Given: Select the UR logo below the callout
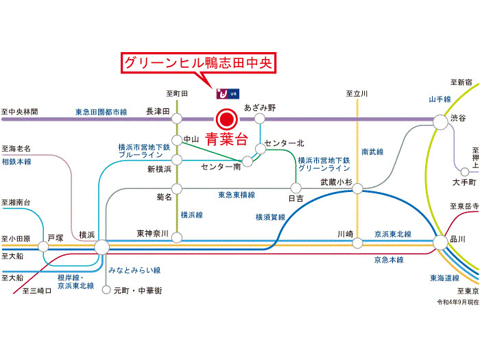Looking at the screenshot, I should (227, 93).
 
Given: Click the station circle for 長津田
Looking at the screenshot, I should (177, 119).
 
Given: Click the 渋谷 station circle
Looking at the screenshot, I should (438, 120).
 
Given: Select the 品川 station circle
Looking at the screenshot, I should (439, 241).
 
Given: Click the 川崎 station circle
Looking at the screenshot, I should (357, 242).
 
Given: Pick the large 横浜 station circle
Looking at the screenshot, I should (101, 246).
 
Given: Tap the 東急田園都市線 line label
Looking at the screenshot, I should (101, 111).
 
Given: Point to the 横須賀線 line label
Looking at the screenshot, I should (269, 217).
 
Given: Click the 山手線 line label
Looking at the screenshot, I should (439, 99).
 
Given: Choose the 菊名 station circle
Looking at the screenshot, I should (177, 188).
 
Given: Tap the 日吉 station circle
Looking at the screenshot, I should (296, 187).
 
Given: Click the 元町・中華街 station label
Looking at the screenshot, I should (138, 290).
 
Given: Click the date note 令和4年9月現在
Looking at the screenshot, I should (457, 302).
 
